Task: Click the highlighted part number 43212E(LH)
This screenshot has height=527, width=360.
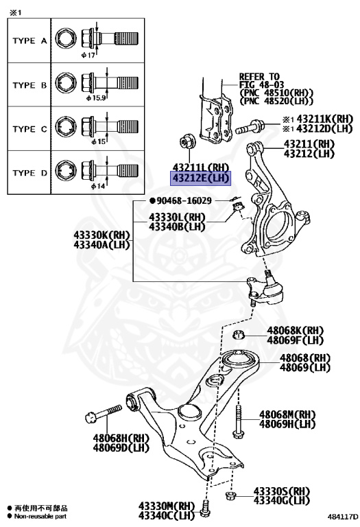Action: coord(201,178)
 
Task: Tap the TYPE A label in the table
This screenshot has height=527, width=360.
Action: coord(29,41)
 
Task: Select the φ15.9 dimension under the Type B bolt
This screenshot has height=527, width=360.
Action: coord(96,98)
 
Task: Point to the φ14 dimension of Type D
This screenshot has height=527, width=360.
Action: coord(98,186)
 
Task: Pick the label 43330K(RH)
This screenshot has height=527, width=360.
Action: coord(101,235)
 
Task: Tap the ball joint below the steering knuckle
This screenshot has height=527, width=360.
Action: coord(265,288)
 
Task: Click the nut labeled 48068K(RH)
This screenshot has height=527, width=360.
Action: coord(238,335)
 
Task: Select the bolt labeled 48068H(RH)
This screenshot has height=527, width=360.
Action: coord(104,414)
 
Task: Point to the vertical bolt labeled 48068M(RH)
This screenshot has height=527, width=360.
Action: coord(237,421)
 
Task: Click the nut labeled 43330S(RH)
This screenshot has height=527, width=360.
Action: coord(230,495)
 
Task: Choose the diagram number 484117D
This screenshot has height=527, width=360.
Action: coord(343,516)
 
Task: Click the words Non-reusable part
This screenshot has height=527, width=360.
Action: coord(40,516)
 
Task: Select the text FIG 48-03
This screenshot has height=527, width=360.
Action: coord(262,84)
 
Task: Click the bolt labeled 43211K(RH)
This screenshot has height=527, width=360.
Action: coord(250,127)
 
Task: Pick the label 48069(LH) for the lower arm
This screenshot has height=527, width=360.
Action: coord(305,367)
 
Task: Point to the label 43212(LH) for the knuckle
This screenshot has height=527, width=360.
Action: coord(309,154)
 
